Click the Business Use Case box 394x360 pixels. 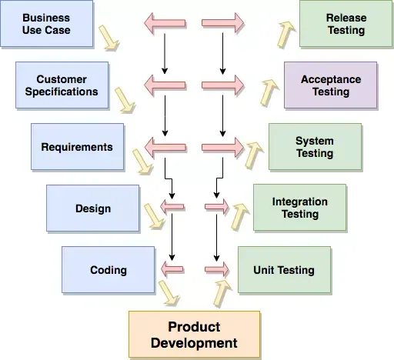(47, 24)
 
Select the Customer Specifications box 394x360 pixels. (62, 85)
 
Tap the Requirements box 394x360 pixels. (77, 147)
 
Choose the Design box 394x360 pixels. (92, 208)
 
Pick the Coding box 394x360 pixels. (108, 270)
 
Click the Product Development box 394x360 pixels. (194, 335)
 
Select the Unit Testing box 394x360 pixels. (284, 270)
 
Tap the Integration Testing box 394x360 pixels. (299, 208)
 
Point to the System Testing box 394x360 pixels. (315, 147)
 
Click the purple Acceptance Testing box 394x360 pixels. (330, 85)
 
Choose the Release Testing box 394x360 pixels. (346, 24)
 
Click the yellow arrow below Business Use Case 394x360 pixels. (109, 38)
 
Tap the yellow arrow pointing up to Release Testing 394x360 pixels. (285, 35)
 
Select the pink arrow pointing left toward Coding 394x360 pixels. (172, 269)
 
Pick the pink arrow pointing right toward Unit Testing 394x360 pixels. (217, 269)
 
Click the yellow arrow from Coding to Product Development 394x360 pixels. (169, 293)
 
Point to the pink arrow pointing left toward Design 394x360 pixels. (172, 206)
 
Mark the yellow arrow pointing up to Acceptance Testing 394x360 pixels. (269, 92)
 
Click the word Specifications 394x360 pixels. (62, 92)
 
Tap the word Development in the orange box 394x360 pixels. (194, 343)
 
